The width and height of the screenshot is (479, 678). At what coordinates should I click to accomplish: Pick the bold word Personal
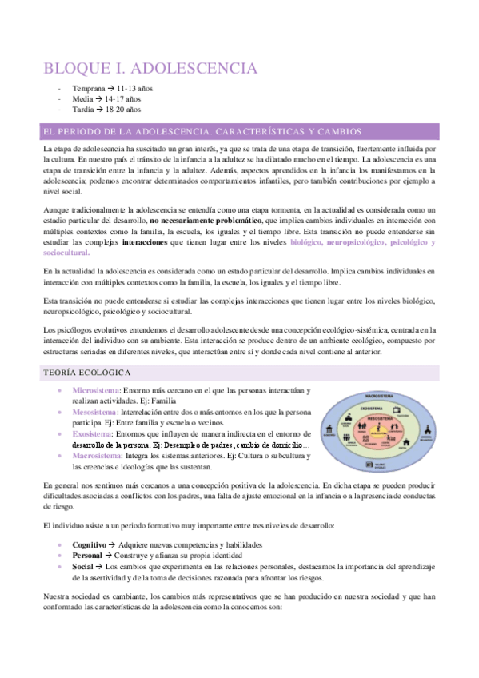coord(87,555)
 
